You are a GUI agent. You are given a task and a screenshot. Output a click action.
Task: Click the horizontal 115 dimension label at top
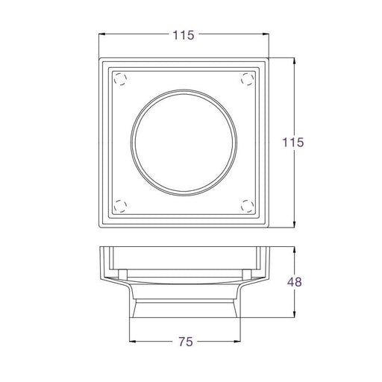[x=184, y=35]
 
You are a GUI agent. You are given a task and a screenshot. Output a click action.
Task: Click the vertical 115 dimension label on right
[x=293, y=143]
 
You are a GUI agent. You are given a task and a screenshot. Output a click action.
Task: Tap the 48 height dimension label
[x=295, y=282]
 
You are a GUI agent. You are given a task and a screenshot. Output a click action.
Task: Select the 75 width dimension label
[x=186, y=342]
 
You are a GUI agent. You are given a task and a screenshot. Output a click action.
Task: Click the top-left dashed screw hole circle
[x=120, y=79]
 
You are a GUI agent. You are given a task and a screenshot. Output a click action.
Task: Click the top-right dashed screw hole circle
[x=248, y=79]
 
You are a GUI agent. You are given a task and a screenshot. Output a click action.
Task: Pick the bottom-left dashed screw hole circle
[x=120, y=206]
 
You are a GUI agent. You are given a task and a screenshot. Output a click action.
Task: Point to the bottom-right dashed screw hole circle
[x=248, y=206]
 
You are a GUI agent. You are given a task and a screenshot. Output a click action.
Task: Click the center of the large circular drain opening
[x=184, y=143]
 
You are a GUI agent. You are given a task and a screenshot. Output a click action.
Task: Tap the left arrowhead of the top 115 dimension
[x=101, y=34]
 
